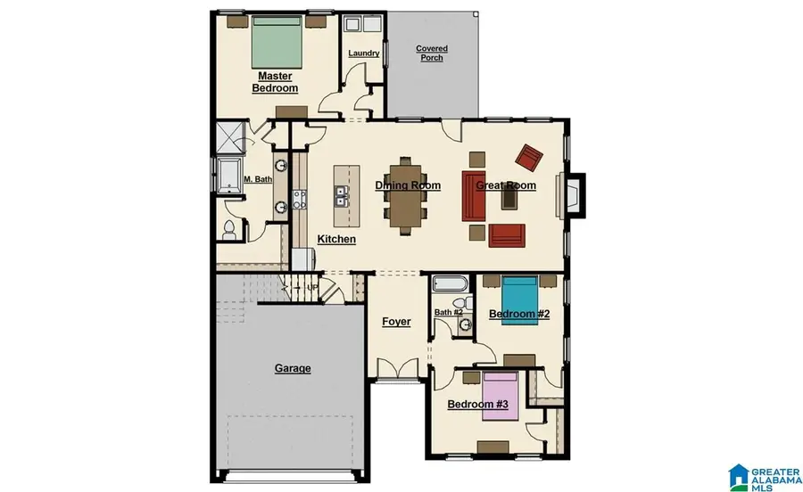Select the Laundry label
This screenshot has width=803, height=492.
point(364,53)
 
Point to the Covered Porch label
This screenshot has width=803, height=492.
point(432,53)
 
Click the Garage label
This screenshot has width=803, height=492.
point(292,368)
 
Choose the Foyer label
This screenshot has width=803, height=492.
point(396,321)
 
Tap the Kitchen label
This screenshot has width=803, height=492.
point(336,240)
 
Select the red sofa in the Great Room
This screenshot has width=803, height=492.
point(473,196)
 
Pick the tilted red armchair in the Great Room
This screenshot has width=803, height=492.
point(530,158)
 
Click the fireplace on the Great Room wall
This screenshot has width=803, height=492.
point(570,194)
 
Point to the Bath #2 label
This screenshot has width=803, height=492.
point(448,313)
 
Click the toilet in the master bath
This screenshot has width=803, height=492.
point(228,230)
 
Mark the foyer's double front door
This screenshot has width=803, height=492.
point(396,369)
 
